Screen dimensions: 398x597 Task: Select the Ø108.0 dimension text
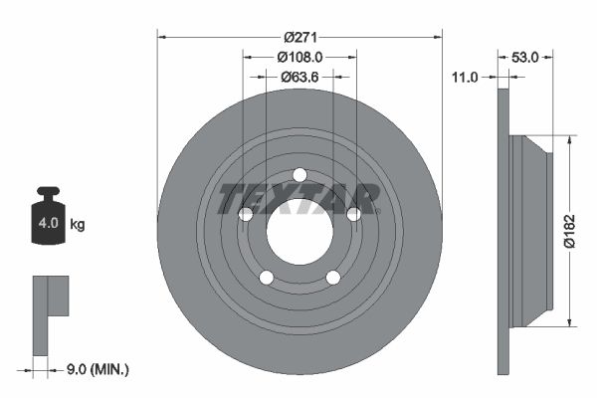[x=298, y=58]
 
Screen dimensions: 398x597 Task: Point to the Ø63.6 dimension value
[x=298, y=76]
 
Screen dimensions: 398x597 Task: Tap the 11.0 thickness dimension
[x=465, y=76]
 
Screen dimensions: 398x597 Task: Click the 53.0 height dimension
[x=524, y=58]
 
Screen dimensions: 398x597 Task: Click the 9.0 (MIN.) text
[x=97, y=369]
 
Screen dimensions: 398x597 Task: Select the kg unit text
[x=78, y=225]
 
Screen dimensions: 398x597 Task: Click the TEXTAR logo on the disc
[x=298, y=198]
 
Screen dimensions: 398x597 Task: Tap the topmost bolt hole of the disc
[x=298, y=175]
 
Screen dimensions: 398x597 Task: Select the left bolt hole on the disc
[x=246, y=214]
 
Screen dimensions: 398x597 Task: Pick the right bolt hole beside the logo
[x=352, y=214]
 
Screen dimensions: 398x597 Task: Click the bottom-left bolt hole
[x=266, y=277]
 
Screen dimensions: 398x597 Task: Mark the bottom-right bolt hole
[x=332, y=277]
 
